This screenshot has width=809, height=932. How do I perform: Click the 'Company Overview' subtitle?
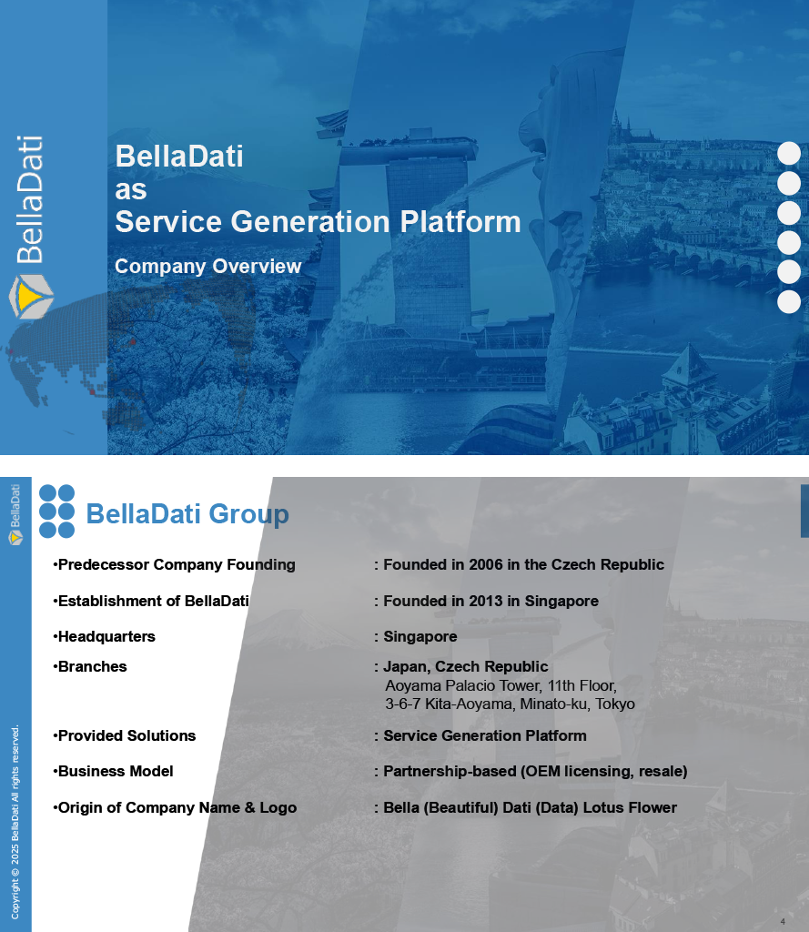pyautogui.click(x=208, y=267)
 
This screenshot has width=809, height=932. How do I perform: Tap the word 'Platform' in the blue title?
pyautogui.click(x=460, y=222)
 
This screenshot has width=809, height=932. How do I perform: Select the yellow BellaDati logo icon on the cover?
pyautogui.click(x=31, y=296)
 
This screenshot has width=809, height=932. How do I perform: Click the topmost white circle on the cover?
pyautogui.click(x=789, y=153)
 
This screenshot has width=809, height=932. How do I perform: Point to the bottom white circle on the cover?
pyautogui.click(x=789, y=302)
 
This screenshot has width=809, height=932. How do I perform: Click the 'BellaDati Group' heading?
pyautogui.click(x=187, y=513)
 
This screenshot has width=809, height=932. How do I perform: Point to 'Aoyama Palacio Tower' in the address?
pyautogui.click(x=463, y=686)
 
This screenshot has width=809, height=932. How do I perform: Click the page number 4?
pyautogui.click(x=783, y=921)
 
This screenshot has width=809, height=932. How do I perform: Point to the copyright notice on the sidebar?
pyautogui.click(x=15, y=822)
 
